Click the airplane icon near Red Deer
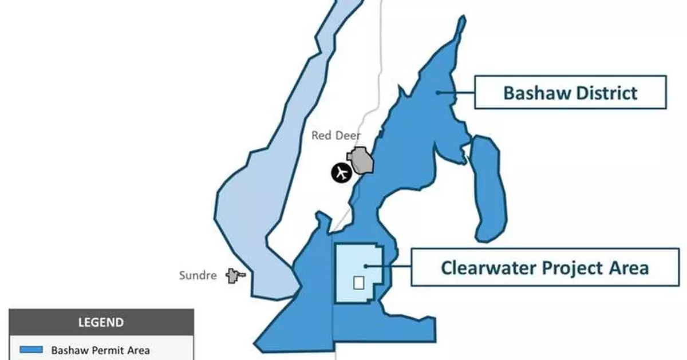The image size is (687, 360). click(341, 172)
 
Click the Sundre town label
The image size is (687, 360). click(198, 275)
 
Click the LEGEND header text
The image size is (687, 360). click(101, 322)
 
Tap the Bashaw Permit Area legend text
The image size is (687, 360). click(101, 350)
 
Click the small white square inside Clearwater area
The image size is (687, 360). click(358, 283)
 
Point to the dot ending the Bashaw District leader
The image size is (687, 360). click(437, 92)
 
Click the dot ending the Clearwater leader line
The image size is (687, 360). click(365, 266)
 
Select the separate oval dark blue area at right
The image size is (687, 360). click(487, 189)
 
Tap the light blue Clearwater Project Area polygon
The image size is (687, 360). click(349, 263)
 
